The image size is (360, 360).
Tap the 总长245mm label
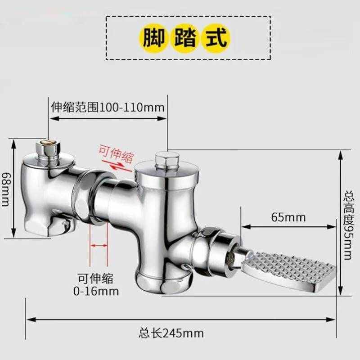click(171, 333)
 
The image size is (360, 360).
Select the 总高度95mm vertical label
click(347, 225)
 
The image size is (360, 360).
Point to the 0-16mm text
click(96, 291)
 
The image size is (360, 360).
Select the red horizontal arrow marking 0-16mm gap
click(99, 246)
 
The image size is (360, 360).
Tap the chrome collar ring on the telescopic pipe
click(88, 196)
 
